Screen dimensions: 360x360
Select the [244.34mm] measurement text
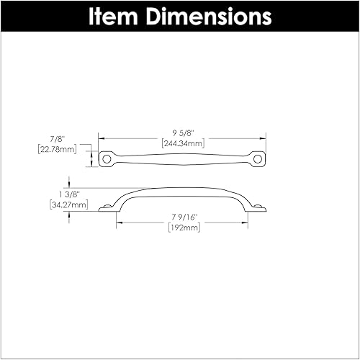[x=182, y=143]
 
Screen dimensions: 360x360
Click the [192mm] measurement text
[x=182, y=228]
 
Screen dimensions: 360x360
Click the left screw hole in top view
[x=107, y=156]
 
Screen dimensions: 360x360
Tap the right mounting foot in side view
[x=258, y=209]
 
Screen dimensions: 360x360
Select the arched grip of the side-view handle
[x=182, y=190]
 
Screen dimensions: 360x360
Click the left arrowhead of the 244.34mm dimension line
[x=100, y=138]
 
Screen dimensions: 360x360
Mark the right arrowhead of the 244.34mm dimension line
[x=265, y=138]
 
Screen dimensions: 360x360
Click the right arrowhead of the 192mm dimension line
[x=248, y=223]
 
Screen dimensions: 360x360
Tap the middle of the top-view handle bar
[x=182, y=156]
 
